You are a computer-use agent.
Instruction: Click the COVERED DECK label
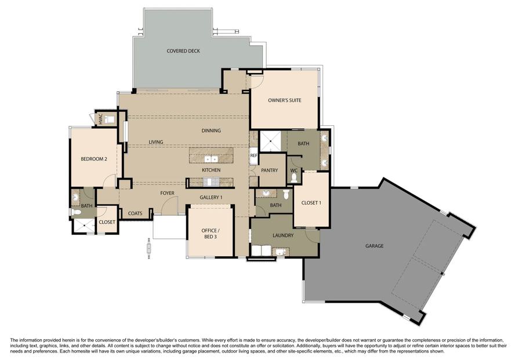click(x=183, y=51)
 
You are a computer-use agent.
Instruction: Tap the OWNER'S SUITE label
click(x=284, y=100)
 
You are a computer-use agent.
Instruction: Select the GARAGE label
click(x=375, y=246)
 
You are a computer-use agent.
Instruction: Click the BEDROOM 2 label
click(x=94, y=159)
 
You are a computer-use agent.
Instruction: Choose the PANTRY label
click(x=269, y=170)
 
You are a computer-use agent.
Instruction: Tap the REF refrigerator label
click(x=253, y=155)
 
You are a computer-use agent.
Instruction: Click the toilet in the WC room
click(x=294, y=177)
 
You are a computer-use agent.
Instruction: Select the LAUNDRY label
click(x=283, y=235)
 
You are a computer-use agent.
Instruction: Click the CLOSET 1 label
click(x=311, y=203)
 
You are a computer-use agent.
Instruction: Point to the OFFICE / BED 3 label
click(x=211, y=234)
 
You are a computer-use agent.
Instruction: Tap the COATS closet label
click(x=135, y=213)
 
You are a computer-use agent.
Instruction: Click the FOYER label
click(x=167, y=193)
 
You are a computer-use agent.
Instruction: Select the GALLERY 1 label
click(x=211, y=197)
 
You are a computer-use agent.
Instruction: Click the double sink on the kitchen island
click(x=211, y=159)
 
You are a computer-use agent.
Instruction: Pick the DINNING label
click(x=211, y=130)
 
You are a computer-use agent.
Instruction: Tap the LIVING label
click(x=156, y=142)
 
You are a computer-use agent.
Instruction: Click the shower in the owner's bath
click(x=270, y=141)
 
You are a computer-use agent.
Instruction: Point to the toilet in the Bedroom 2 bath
click(x=76, y=212)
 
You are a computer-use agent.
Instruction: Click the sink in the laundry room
click(x=281, y=252)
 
